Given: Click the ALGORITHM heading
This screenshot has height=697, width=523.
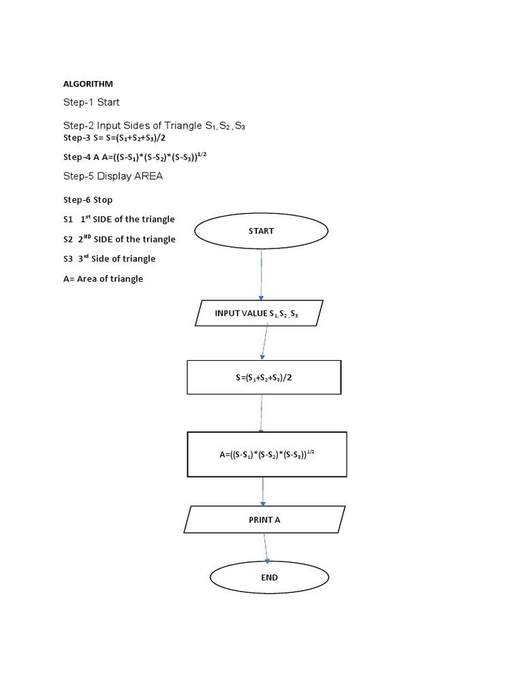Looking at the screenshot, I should [x=88, y=84].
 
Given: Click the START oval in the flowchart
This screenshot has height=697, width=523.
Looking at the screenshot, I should [x=261, y=231].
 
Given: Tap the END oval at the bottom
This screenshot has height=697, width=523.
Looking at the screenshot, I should [x=269, y=577].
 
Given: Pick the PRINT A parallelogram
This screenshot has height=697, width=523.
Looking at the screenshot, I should [x=264, y=519].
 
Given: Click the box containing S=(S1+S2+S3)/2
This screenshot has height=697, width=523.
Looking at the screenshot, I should [x=264, y=378].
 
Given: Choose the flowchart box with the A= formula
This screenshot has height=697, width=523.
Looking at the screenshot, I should [x=267, y=454].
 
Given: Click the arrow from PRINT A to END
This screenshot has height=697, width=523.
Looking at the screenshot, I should [x=266, y=548].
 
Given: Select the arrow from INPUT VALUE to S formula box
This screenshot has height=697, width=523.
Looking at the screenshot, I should [x=264, y=344].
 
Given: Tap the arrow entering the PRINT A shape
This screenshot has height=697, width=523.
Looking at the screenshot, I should [x=263, y=491].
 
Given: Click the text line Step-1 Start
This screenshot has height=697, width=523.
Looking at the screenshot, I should [x=91, y=103].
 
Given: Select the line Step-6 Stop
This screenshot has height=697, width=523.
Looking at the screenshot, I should [x=88, y=200].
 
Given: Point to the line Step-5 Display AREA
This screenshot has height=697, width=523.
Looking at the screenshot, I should [x=113, y=176].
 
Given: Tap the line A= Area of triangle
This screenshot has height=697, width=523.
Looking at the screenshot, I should [x=103, y=279].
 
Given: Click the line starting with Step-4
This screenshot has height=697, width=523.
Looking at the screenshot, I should [x=134, y=157].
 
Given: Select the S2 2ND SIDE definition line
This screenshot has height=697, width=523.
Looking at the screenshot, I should [x=119, y=239].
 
